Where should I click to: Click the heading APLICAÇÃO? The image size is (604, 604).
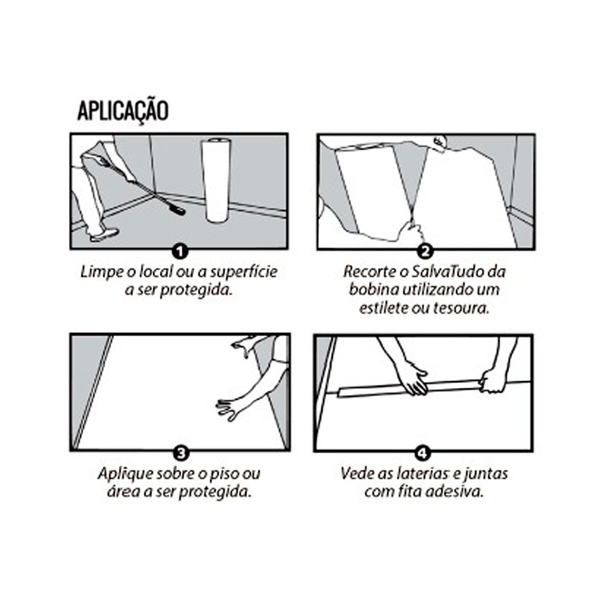click(x=123, y=112)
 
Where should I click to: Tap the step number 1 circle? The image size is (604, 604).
click(x=180, y=251)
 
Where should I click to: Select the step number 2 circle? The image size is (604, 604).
click(x=425, y=251)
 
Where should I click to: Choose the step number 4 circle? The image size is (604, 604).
click(x=423, y=453)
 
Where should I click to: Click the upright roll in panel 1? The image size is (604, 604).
click(x=216, y=180)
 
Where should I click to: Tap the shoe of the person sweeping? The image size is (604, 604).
click(x=104, y=234)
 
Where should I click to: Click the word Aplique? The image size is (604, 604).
click(x=122, y=474)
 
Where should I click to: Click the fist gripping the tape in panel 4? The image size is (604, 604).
click(x=492, y=381)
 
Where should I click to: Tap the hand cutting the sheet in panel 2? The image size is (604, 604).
click(x=411, y=233)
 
